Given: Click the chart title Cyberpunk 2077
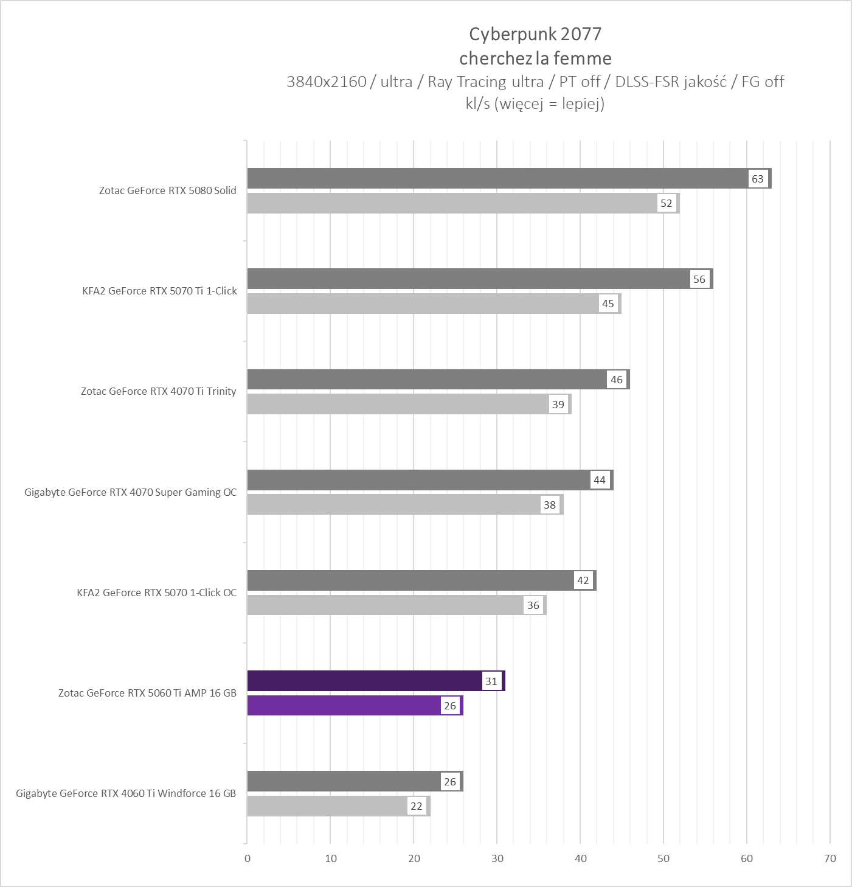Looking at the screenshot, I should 535,34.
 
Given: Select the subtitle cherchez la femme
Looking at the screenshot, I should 535,58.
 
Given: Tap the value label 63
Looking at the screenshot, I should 757,179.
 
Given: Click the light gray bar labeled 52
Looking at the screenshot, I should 450,204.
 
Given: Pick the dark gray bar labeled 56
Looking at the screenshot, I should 468,279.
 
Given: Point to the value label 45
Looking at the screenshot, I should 608,304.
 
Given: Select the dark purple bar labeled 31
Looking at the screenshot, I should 365,681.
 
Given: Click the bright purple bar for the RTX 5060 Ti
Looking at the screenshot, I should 344,706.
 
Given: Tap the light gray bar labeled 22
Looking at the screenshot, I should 328,806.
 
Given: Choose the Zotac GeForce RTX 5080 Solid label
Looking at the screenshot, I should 168,190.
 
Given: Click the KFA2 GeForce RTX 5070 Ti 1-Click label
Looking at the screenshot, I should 159,291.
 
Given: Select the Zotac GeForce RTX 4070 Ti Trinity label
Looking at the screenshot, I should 158,391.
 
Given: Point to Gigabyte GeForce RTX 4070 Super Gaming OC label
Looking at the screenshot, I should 130,492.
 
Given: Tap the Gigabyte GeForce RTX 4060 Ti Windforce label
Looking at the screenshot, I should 126,793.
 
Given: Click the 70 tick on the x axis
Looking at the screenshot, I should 829,858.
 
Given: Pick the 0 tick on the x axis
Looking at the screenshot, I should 247,858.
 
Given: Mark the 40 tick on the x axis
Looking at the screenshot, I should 580,858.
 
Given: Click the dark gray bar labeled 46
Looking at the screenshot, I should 426,380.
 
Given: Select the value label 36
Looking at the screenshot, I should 533,605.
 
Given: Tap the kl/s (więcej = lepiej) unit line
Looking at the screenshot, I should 535,103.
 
